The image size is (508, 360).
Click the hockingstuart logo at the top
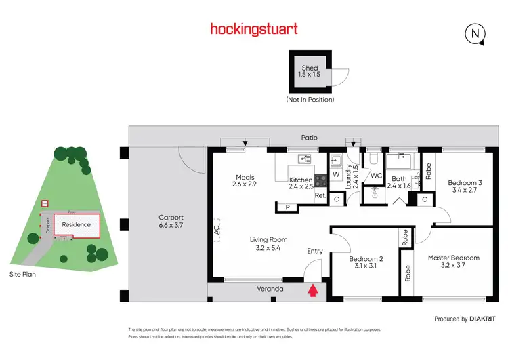[x=253, y=28]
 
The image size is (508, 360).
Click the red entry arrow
[x=312, y=291]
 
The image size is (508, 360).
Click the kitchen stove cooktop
[x=320, y=181]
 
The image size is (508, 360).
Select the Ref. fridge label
[x=320, y=196]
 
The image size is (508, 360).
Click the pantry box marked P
[x=287, y=207]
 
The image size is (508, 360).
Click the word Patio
[x=309, y=138]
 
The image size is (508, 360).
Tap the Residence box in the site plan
[x=76, y=224]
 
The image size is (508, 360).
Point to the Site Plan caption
[x=22, y=275]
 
